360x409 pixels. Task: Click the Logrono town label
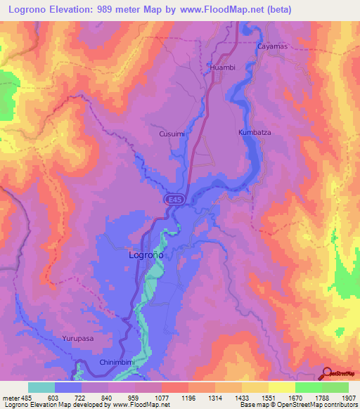point(146,256)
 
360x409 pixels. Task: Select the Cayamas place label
point(273,46)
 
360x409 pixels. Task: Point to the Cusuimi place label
point(172,133)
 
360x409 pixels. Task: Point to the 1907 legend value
point(346,398)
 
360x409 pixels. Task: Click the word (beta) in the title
point(276,9)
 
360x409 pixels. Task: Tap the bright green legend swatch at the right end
point(335,387)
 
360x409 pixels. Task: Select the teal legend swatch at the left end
point(41,387)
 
